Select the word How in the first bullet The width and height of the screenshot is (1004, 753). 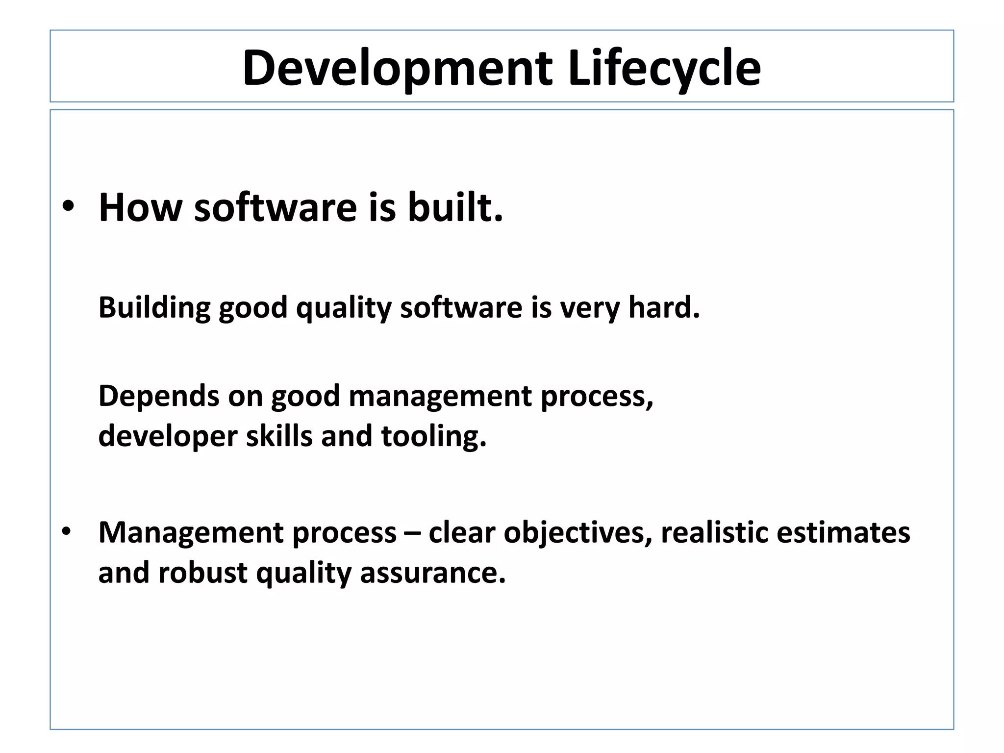click(x=140, y=207)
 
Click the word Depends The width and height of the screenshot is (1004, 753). click(x=158, y=396)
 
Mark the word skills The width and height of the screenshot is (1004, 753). click(x=278, y=435)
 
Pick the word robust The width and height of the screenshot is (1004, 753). click(x=202, y=573)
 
